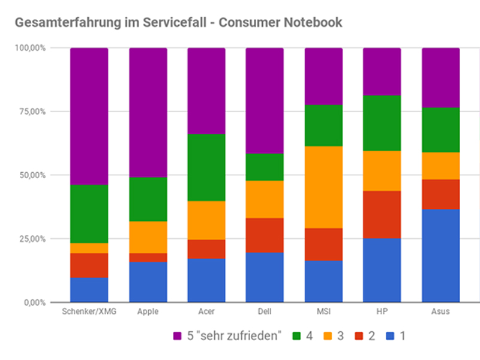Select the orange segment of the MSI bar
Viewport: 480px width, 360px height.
[323, 187]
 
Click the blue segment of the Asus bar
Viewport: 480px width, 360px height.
[440, 255]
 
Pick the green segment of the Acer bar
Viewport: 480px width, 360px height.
[206, 167]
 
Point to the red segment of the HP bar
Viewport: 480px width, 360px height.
[382, 214]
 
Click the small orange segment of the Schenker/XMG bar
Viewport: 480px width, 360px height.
[89, 248]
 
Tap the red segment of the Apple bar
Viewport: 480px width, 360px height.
[148, 257]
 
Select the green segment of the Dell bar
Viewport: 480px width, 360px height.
[265, 167]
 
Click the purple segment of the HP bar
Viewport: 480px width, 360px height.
[382, 71]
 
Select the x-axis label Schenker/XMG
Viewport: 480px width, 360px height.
[89, 312]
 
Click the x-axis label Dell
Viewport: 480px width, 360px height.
[265, 312]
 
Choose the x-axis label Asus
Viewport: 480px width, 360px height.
[440, 312]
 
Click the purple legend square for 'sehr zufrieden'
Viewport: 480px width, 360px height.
[176, 335]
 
